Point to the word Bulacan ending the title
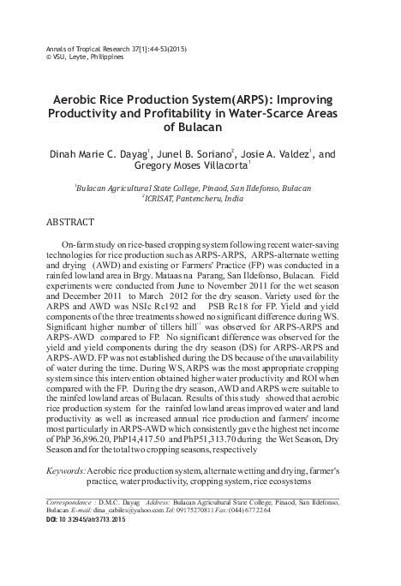pyautogui.click(x=200, y=127)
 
